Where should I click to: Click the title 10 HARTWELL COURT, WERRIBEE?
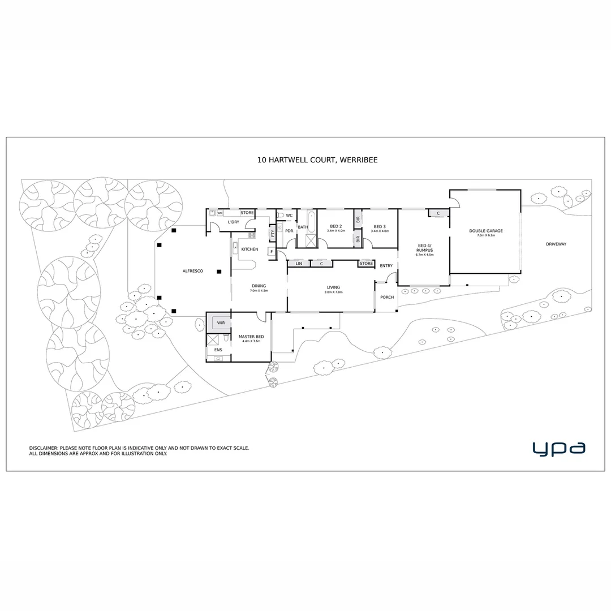(317, 160)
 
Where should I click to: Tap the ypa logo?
(558, 449)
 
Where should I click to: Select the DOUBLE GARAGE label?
(485, 231)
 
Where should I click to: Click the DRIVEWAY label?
(556, 244)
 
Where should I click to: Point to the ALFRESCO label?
(192, 272)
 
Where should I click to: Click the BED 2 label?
(335, 226)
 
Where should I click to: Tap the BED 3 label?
(380, 226)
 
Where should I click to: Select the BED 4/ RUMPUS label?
(424, 248)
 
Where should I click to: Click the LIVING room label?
(333, 287)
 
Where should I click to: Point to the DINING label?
(259, 286)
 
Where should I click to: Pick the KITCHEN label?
(249, 249)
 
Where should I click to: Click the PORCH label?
(387, 298)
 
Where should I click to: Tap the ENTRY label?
(386, 266)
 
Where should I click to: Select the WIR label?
(221, 324)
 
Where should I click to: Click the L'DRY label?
(234, 222)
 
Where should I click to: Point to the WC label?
(289, 216)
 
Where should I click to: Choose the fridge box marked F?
(272, 251)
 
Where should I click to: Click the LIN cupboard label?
(299, 264)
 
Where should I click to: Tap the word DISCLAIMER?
(44, 448)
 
